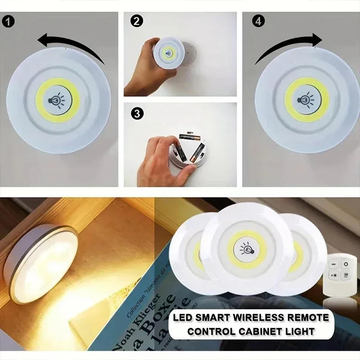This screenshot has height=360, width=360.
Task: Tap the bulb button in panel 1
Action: coord(57,99)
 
